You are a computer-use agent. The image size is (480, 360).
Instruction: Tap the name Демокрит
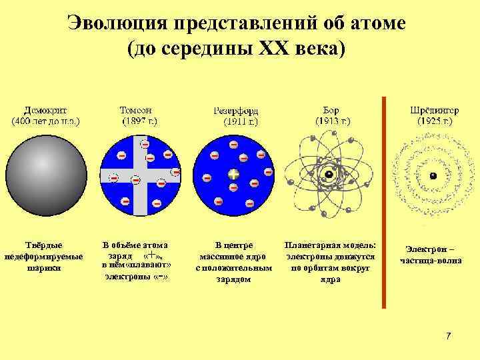[x=45, y=111]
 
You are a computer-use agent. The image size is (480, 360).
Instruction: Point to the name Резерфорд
[x=236, y=111]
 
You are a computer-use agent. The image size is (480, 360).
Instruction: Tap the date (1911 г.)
[x=236, y=122]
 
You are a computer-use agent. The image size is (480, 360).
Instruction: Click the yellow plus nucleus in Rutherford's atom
[x=233, y=175]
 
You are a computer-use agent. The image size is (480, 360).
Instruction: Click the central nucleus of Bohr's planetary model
[x=329, y=175]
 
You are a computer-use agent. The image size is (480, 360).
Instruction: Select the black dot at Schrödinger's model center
[x=433, y=175]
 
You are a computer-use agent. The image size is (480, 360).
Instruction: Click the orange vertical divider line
[x=383, y=200]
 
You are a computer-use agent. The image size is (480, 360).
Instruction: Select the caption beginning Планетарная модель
[x=329, y=262]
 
